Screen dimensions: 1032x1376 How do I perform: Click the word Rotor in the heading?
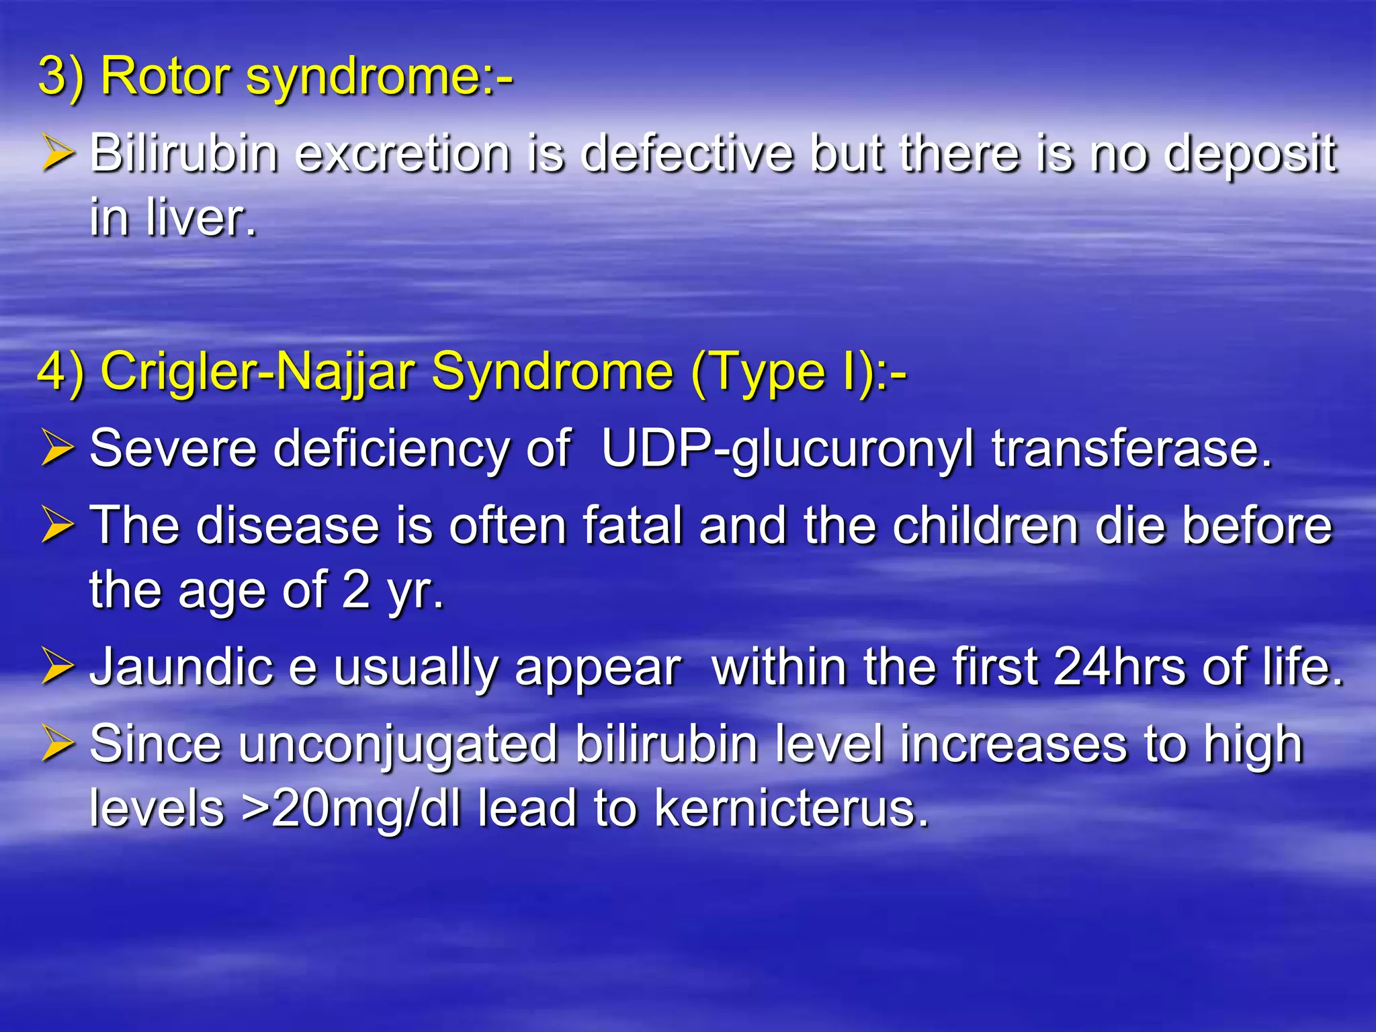(x=165, y=76)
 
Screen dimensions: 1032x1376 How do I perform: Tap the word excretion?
(x=402, y=154)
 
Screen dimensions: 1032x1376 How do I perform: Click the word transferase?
(x=1131, y=448)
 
